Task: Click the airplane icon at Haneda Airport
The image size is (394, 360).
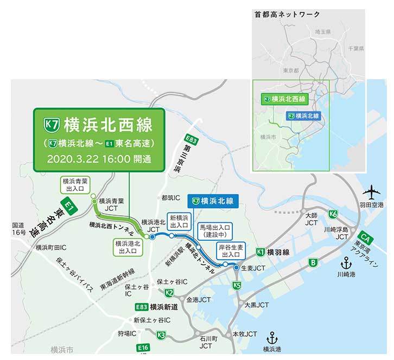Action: (x=372, y=192)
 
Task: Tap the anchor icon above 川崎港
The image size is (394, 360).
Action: (x=346, y=263)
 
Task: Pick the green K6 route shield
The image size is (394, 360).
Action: (x=333, y=214)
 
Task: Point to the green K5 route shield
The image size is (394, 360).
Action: (x=237, y=286)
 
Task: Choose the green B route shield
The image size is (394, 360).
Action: (x=312, y=263)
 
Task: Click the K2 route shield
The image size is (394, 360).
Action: (x=169, y=293)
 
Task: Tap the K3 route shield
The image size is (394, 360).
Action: (x=161, y=336)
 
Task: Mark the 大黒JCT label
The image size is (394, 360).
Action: (x=256, y=305)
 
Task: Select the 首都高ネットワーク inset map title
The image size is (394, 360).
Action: (x=287, y=15)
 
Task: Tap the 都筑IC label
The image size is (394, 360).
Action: (x=172, y=198)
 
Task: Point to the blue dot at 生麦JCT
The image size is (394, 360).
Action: (x=236, y=268)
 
